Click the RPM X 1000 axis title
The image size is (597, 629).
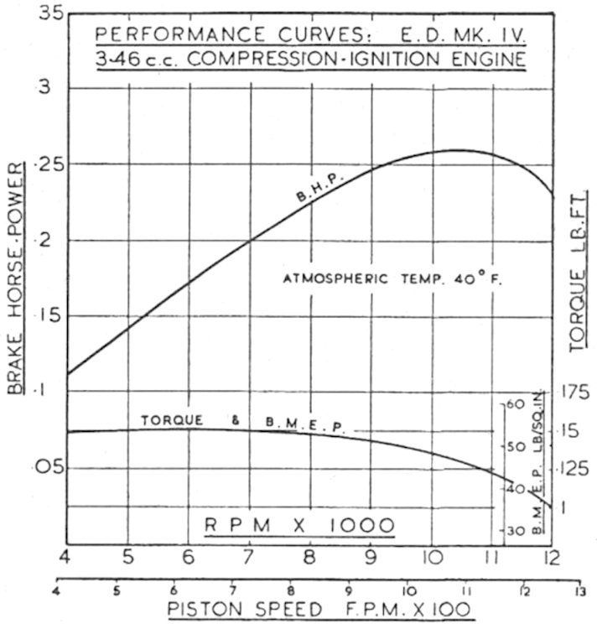[300, 526]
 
